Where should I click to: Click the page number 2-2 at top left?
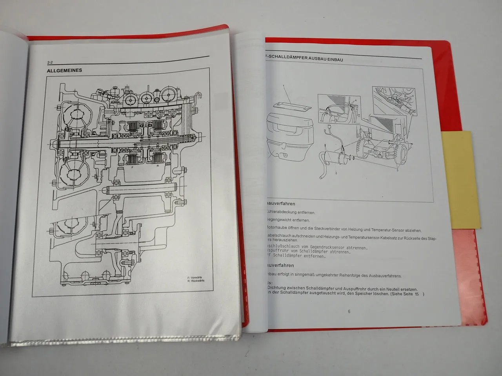[49, 62]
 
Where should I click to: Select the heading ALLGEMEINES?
[64, 70]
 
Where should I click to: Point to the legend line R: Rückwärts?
[196, 281]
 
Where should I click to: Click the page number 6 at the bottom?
[349, 312]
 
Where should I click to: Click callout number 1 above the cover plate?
[283, 85]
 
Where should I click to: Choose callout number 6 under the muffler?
[336, 173]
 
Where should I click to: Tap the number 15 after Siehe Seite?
[417, 294]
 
